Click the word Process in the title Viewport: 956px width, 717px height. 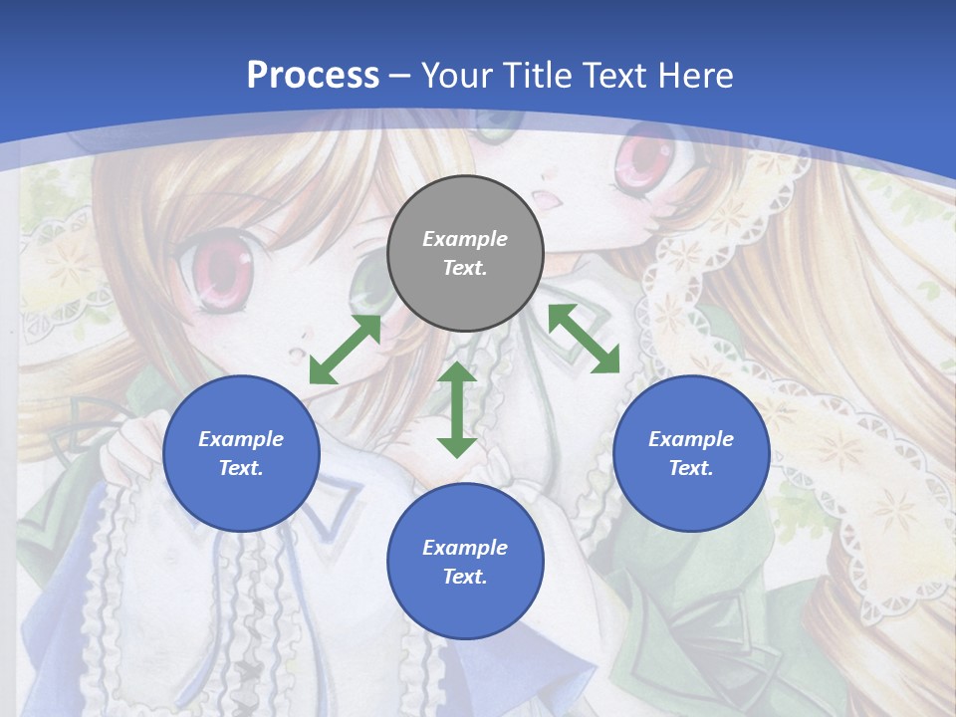click(x=313, y=76)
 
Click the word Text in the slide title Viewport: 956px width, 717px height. click(x=615, y=76)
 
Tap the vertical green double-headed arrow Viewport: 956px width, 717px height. click(x=457, y=409)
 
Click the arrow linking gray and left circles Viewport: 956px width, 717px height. click(x=345, y=350)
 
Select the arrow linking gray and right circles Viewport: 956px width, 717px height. click(x=584, y=339)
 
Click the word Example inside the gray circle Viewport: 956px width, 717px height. click(x=465, y=239)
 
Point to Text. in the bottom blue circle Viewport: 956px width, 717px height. click(x=465, y=577)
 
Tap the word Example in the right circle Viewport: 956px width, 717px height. click(x=691, y=439)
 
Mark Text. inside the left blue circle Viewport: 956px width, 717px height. click(x=241, y=468)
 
